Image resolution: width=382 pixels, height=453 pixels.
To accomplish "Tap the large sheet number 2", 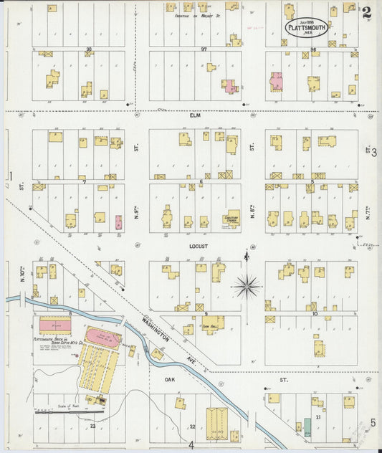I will coord(366,12).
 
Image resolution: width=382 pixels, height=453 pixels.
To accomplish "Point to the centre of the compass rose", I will coord(247,285).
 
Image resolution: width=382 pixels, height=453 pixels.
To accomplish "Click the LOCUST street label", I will coord(198,246).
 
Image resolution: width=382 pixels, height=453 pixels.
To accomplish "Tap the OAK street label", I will coord(170,379).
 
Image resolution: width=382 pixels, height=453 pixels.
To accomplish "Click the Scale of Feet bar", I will coord(69,412).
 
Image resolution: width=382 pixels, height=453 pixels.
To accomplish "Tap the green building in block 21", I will coord(307,428).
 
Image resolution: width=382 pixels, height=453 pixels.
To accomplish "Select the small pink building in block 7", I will coord(119,221).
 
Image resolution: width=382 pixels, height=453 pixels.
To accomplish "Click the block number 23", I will coord(93,426).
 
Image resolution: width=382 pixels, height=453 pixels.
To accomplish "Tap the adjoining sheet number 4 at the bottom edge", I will coord(191,445).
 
